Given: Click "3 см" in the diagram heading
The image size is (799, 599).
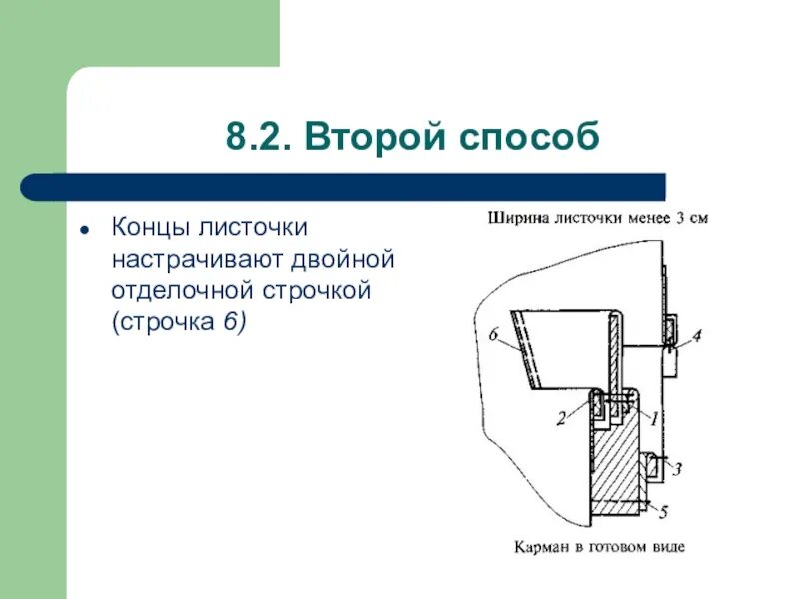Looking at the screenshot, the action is [x=693, y=217].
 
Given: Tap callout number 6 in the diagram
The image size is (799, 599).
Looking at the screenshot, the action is [x=494, y=335].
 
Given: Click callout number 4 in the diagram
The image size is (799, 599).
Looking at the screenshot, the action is [x=696, y=336].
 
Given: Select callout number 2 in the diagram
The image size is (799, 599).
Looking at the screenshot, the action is [x=562, y=419].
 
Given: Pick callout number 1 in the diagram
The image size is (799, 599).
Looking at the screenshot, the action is [x=654, y=419].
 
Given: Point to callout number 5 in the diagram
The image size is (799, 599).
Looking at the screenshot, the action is [x=664, y=512].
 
